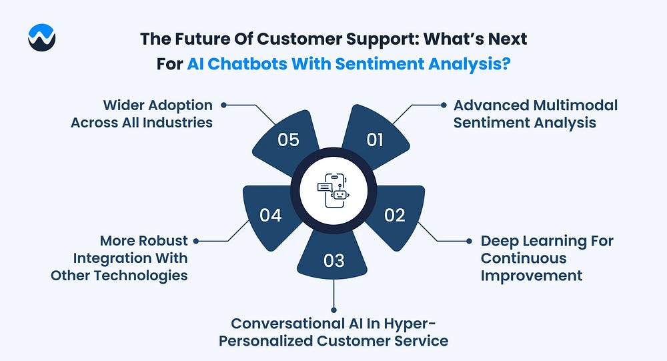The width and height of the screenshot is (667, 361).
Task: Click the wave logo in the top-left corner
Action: click(41, 37)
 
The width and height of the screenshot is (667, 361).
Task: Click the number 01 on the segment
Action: click(375, 140)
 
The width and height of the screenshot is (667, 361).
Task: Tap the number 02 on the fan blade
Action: click(395, 216)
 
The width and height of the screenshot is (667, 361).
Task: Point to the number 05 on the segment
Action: click(288, 140)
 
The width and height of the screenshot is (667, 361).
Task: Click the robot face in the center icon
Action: click(340, 195)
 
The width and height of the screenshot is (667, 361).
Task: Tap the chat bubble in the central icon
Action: click(325, 187)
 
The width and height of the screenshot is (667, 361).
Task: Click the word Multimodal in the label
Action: click(575, 105)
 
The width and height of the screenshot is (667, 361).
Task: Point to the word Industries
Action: click(177, 123)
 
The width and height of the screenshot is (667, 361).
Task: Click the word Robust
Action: click(164, 240)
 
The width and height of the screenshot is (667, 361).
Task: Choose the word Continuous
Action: click(524, 258)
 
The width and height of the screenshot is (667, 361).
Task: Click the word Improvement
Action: click(532, 276)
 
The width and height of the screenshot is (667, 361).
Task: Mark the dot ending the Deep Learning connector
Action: click(469, 241)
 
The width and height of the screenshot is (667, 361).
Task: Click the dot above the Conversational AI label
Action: click(334, 310)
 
